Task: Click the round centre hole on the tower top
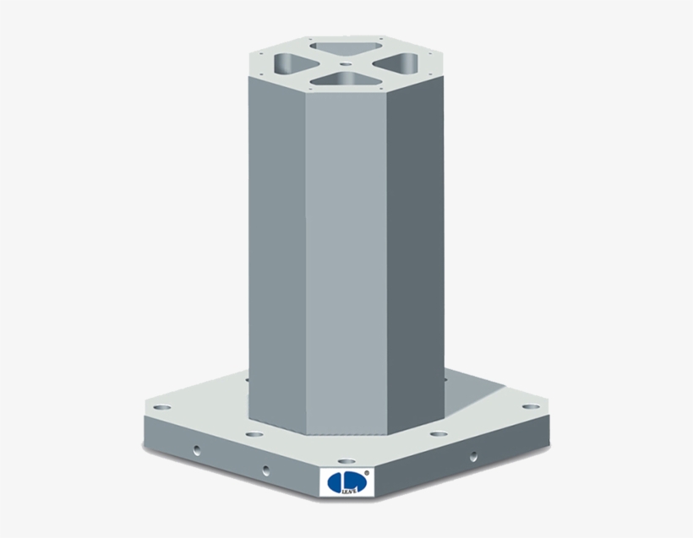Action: click(x=345, y=62)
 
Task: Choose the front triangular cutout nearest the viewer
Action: click(x=341, y=79)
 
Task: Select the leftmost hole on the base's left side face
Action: click(x=198, y=451)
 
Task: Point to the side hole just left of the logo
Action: click(x=266, y=470)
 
